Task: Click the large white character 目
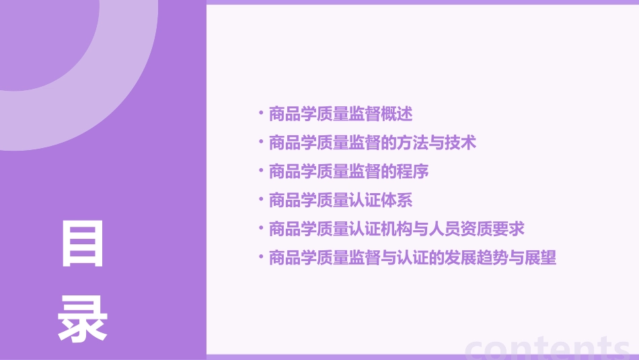click(x=83, y=244)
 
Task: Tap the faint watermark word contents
click(x=548, y=348)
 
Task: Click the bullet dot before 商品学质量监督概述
click(x=261, y=112)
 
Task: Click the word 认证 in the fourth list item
click(x=364, y=201)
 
